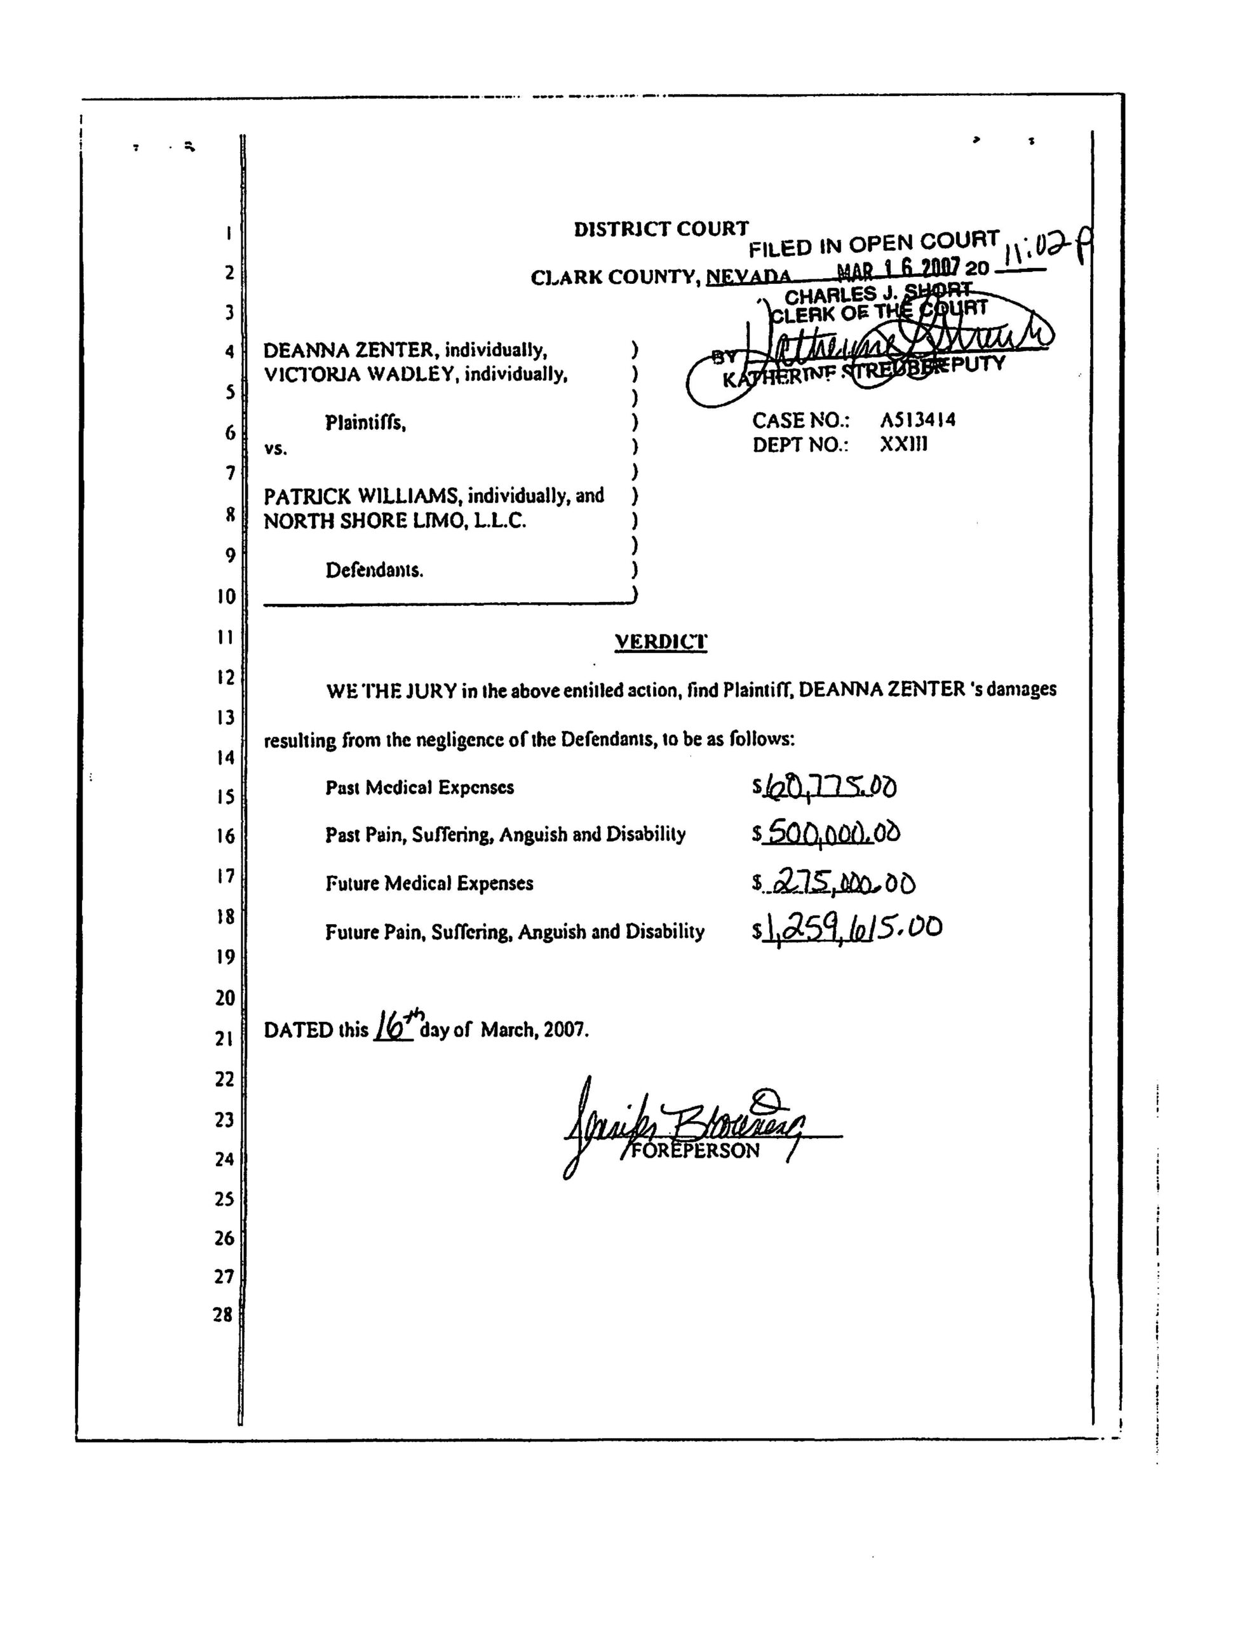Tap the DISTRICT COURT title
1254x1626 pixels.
661,229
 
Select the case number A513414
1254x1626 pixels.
917,420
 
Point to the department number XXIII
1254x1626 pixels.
904,445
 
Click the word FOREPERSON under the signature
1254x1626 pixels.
696,1151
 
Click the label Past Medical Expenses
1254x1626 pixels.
419,788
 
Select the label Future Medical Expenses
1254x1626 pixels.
429,884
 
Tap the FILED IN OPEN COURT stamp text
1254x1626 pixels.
873,244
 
